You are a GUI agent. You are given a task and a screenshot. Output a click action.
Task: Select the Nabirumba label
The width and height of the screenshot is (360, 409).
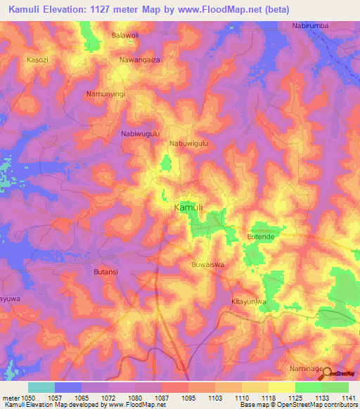point(310,26)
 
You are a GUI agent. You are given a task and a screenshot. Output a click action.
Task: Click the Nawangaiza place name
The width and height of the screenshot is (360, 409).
point(141,61)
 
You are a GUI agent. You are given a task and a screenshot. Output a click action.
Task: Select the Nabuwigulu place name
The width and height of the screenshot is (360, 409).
point(190,143)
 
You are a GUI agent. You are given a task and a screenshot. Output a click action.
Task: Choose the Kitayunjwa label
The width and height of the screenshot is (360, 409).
point(250,301)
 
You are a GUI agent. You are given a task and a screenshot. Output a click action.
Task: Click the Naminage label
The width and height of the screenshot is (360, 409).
point(307,369)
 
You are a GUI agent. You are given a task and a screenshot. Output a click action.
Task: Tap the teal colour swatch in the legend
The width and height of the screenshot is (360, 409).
point(41,387)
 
